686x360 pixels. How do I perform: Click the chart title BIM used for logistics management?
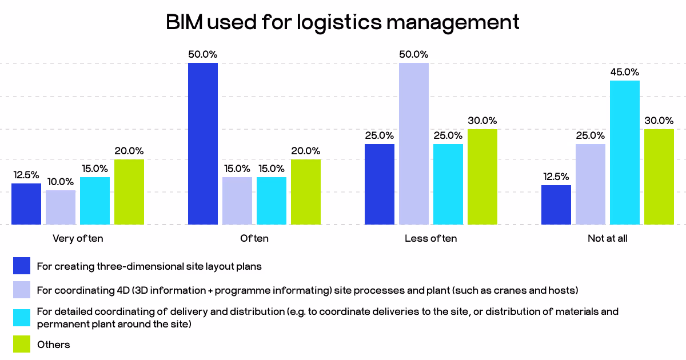342,22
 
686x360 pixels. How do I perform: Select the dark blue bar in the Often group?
203,143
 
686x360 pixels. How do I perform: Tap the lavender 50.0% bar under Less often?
414,143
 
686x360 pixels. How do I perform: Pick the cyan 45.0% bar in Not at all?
625,153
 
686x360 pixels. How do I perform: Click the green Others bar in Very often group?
129,192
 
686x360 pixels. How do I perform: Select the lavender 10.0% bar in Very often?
61,207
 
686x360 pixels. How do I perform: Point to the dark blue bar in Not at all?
556,205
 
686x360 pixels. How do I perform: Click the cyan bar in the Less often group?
448,184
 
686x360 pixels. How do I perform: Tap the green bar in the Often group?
306,192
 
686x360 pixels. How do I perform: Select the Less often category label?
430,239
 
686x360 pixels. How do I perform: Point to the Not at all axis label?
607,239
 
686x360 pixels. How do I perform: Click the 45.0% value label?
625,72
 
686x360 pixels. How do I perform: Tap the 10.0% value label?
61,182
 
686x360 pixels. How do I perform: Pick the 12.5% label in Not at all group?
556,177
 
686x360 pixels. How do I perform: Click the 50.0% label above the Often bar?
203,54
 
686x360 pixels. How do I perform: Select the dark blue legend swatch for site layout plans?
22,266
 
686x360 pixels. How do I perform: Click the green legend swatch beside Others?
22,344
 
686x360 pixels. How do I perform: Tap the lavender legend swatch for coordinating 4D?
22,290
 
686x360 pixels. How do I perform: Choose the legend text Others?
54,345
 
